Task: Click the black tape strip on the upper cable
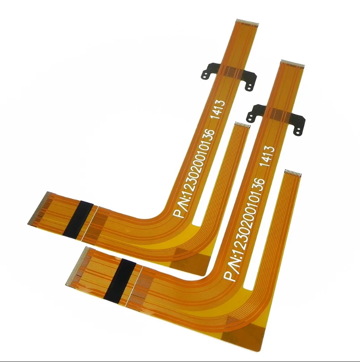[78, 219]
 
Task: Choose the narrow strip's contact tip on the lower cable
[293, 172]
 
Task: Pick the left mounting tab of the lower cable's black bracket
[254, 114]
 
